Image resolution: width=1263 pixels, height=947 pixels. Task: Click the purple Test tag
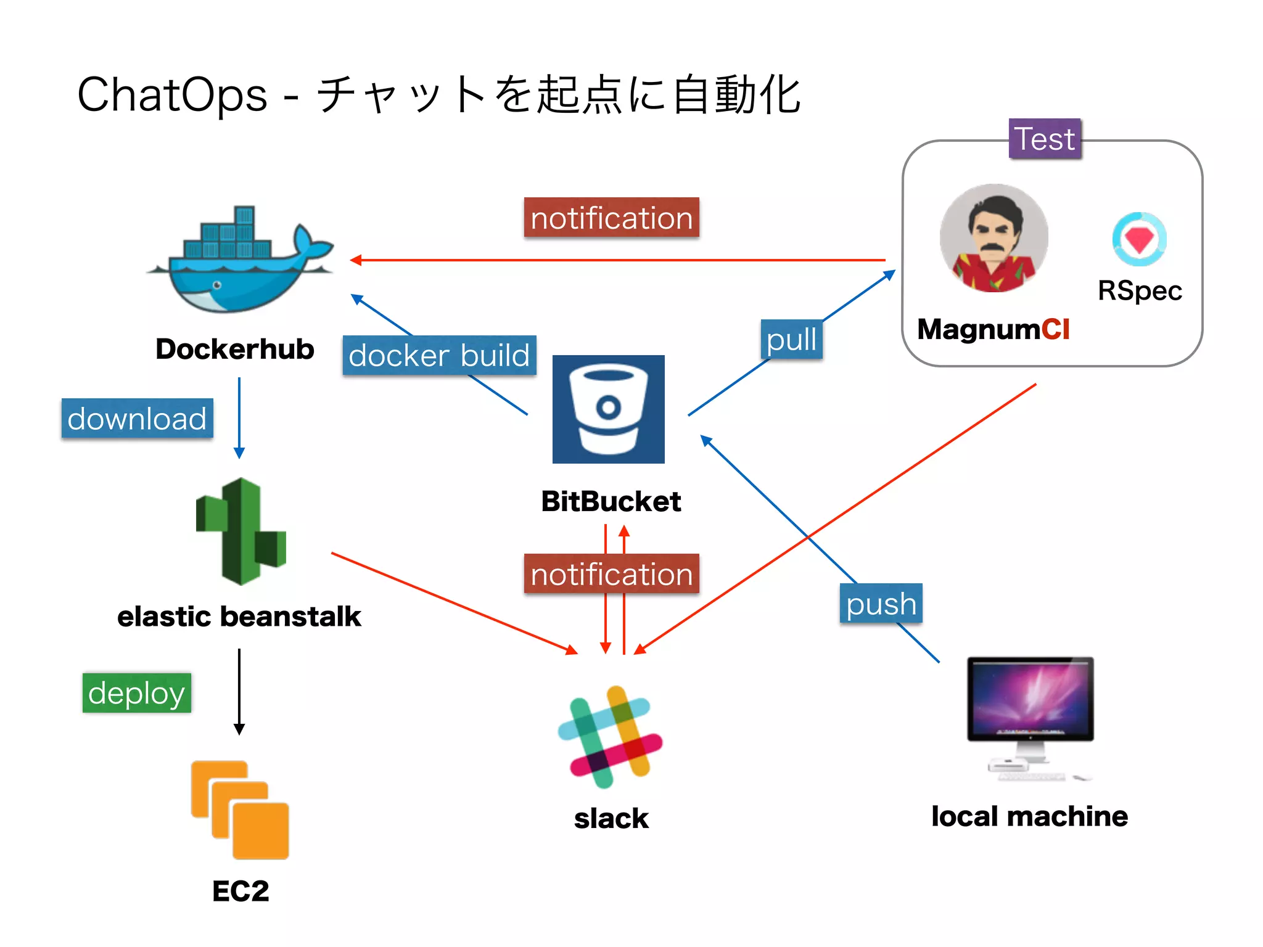pyautogui.click(x=1044, y=139)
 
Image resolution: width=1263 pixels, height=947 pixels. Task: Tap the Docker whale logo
pyautogui.click(x=241, y=262)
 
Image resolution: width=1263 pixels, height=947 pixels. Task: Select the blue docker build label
pyautogui.click(x=439, y=356)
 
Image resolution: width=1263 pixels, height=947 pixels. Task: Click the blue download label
pyautogui.click(x=137, y=419)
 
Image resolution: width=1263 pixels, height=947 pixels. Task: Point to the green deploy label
pyautogui.click(x=136, y=693)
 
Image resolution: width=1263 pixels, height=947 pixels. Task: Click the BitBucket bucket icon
pyautogui.click(x=608, y=409)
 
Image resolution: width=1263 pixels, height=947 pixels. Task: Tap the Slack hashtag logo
pyautogui.click(x=609, y=737)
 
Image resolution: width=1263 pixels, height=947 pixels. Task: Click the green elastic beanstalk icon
pyautogui.click(x=241, y=531)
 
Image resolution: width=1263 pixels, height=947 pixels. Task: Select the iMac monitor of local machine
pyautogui.click(x=1030, y=700)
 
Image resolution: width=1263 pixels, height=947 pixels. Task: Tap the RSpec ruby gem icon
pyautogui.click(x=1138, y=239)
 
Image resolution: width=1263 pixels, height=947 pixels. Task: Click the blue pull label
pyautogui.click(x=791, y=340)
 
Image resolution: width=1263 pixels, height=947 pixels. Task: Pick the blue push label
pyautogui.click(x=881, y=604)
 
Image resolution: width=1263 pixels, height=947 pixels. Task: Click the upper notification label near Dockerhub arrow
pyautogui.click(x=611, y=218)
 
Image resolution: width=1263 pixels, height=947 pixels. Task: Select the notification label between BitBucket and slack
pyautogui.click(x=611, y=574)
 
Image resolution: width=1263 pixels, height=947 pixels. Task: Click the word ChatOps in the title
pyautogui.click(x=172, y=96)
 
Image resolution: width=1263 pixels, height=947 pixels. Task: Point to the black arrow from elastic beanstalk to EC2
pyautogui.click(x=239, y=691)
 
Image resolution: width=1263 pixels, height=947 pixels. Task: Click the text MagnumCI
pyautogui.click(x=993, y=329)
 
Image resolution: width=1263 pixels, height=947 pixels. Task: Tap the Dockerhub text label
pyautogui.click(x=234, y=349)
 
